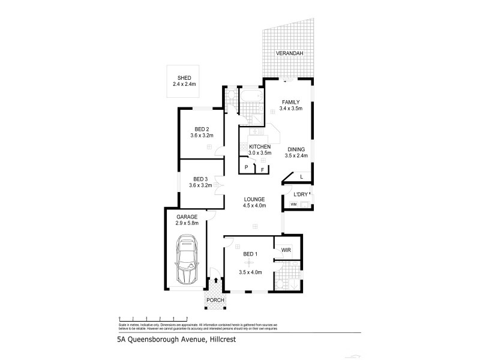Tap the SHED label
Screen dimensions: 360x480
tap(184, 77)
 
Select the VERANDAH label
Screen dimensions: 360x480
tap(289, 53)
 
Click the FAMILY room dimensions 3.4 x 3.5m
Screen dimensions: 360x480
tap(290, 109)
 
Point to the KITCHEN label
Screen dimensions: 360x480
tap(259, 147)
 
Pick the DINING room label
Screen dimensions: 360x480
tap(296, 149)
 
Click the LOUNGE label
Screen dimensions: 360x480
tap(254, 200)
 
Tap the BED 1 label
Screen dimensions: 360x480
tap(250, 254)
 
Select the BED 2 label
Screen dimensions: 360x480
tap(202, 129)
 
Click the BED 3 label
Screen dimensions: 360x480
tap(201, 179)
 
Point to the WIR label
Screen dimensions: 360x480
tap(286, 246)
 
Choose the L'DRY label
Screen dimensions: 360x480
tap(300, 194)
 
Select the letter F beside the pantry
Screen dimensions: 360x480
tap(262, 169)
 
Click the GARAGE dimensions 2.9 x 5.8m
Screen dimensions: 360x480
tap(186, 223)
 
